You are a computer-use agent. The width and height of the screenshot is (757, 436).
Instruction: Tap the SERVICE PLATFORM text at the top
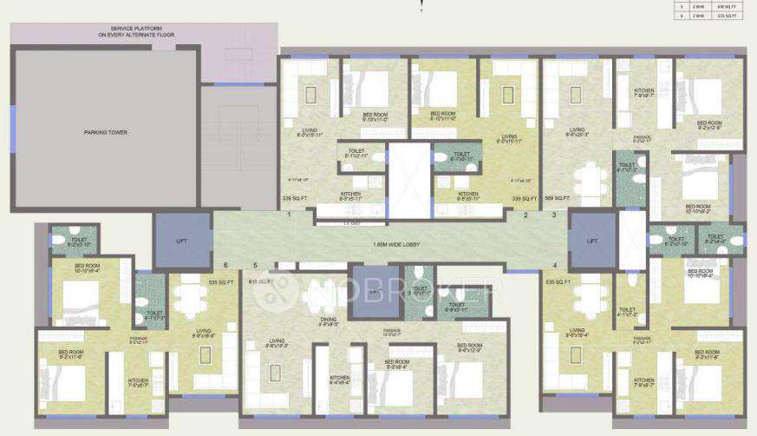[x=143, y=32]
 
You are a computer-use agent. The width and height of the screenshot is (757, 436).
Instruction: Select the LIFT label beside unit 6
[x=182, y=240]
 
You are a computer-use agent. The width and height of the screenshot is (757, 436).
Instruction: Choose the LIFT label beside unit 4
[x=592, y=240]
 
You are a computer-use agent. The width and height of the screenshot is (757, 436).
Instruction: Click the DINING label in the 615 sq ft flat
[x=327, y=319]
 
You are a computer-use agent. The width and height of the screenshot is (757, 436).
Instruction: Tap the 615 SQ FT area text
[x=261, y=281]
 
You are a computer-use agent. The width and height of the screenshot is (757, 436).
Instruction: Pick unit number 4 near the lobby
[x=555, y=265]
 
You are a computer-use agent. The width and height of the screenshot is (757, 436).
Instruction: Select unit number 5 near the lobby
[x=255, y=265]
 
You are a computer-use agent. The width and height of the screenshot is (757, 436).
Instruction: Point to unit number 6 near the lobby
[x=225, y=265]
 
